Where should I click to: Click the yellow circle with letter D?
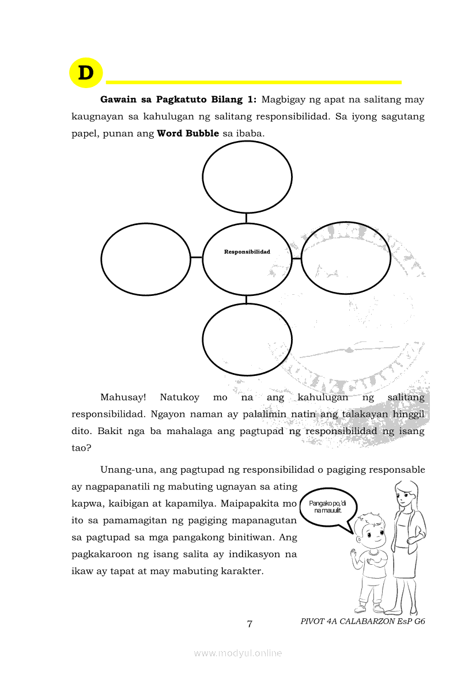pyautogui.click(x=85, y=73)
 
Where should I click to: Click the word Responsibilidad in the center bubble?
pyautogui.click(x=247, y=252)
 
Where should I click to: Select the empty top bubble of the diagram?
pyautogui.click(x=247, y=177)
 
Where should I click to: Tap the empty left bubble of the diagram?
pyautogui.click(x=146, y=258)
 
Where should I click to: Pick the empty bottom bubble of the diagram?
pyautogui.click(x=247, y=339)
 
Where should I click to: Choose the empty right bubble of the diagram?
pyautogui.click(x=346, y=257)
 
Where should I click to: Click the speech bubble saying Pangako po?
pyautogui.click(x=328, y=507)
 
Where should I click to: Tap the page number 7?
pyautogui.click(x=250, y=624)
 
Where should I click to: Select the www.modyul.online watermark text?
pyautogui.click(x=238, y=653)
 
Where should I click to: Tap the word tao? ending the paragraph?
pyautogui.click(x=81, y=447)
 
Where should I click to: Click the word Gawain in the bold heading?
pyautogui.click(x=118, y=100)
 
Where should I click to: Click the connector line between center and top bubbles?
pyautogui.click(x=247, y=218)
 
